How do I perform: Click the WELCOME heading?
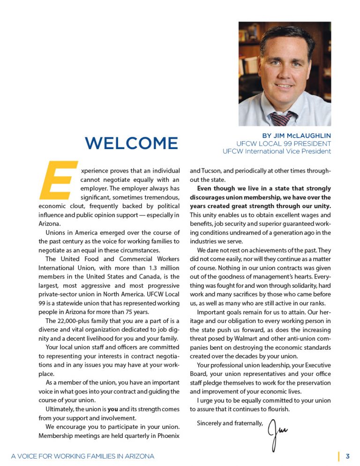(132, 143)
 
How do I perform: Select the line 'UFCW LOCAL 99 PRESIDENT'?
(284, 143)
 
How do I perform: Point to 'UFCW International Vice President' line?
(277, 151)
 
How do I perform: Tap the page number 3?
(347, 456)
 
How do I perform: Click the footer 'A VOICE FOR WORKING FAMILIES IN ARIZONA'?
(82, 456)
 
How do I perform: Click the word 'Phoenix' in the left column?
(168, 436)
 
